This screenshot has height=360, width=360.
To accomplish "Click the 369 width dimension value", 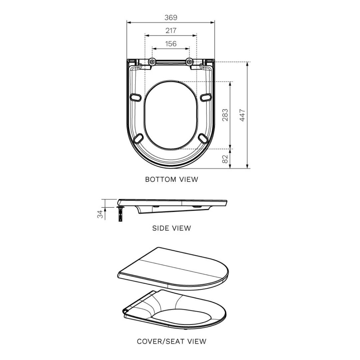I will coord(171,18).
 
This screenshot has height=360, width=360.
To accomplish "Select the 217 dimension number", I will coord(171,31).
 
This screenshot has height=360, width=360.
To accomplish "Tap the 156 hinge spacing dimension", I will coord(171,44).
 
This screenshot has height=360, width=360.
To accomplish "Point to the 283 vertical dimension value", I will coord(225,115).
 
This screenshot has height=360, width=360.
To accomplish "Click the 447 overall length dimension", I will coord(242,115).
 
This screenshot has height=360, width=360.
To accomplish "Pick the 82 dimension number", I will coord(225,159).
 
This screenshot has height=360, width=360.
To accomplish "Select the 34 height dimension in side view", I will coord(100,214).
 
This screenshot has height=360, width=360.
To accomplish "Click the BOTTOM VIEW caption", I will coord(171,179).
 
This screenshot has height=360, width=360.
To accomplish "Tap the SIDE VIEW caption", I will coord(171,228).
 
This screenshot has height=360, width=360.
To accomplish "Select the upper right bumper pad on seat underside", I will coord(206,97).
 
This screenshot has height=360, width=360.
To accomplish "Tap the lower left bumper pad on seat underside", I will coord(139,137).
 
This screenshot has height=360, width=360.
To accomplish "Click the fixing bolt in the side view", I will coord(120,214).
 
